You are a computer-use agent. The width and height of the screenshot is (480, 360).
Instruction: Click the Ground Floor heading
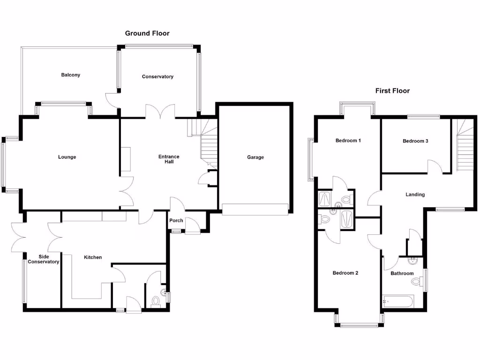point(147,33)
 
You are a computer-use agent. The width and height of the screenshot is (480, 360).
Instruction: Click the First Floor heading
point(392,91)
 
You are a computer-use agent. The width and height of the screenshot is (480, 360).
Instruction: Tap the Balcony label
point(70,75)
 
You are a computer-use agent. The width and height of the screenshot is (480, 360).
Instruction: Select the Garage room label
point(255,157)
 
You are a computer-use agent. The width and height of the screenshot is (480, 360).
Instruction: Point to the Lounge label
point(67,157)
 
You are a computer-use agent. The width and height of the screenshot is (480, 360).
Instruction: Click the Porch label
point(176,221)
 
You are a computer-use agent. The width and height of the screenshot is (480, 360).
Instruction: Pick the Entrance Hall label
point(169,159)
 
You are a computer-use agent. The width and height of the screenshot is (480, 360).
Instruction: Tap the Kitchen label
point(93,257)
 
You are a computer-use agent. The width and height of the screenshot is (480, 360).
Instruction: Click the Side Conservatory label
point(44,259)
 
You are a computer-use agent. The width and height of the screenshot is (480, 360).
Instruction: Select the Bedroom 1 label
point(348,141)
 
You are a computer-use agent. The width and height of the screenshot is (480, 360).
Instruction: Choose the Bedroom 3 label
point(415,141)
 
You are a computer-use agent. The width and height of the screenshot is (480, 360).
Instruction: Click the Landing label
point(415,195)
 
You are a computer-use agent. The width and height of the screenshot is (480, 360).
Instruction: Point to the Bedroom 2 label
point(345,273)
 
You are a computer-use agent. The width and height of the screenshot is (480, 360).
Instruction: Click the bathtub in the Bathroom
point(397,301)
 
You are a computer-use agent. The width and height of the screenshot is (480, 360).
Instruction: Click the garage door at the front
point(255,210)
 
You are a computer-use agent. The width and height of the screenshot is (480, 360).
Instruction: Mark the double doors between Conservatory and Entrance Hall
point(160,111)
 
